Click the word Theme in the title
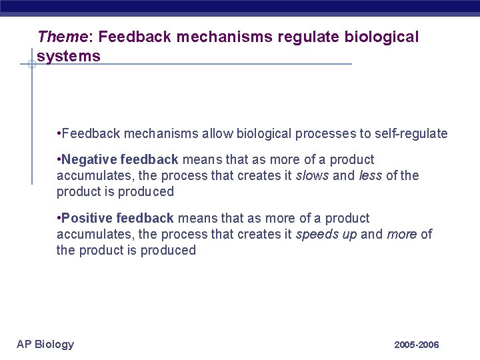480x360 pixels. pos(59,37)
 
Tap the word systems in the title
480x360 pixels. pos(69,56)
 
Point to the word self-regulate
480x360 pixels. pos(413,134)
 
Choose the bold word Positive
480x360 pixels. pos(87,219)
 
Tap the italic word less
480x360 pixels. pos(370,176)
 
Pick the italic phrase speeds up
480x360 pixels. pos(326,235)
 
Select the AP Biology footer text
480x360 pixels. pos(45,344)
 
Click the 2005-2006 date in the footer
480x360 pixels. pos(417,345)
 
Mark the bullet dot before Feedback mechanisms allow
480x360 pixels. pos(59,134)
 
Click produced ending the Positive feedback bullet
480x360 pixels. pos(168,251)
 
